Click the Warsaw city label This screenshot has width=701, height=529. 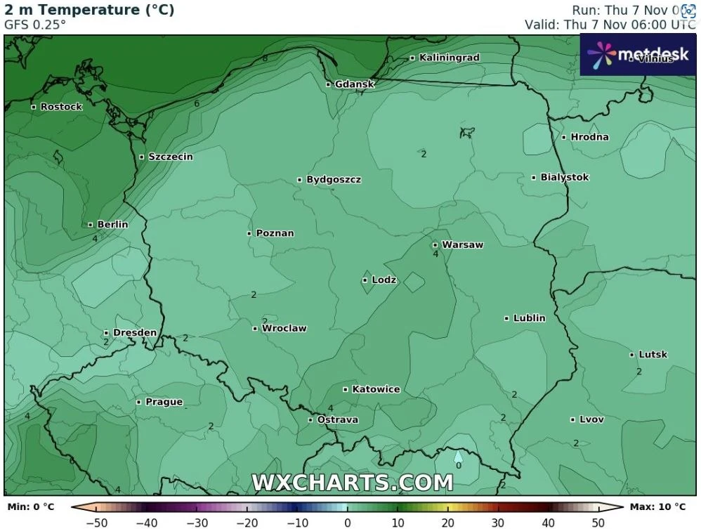point(462,244)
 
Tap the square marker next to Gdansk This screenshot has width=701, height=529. point(328,84)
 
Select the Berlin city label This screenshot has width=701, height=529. point(112,224)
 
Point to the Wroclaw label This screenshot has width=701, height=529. point(284,328)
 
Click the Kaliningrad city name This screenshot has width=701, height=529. point(449,57)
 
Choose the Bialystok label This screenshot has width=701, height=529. point(564,177)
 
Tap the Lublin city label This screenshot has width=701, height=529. point(529,318)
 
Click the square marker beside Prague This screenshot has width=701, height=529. point(138,403)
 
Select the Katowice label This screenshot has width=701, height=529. point(376,388)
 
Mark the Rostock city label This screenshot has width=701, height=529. point(61,107)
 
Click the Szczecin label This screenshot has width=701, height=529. point(170,157)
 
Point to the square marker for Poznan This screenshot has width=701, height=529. point(249,233)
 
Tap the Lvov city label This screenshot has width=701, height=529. point(591,419)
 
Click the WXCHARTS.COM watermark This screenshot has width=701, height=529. point(352,483)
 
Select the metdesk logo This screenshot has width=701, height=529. point(638,54)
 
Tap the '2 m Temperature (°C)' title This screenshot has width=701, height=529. point(89,10)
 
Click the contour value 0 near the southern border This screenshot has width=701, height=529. point(458,465)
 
